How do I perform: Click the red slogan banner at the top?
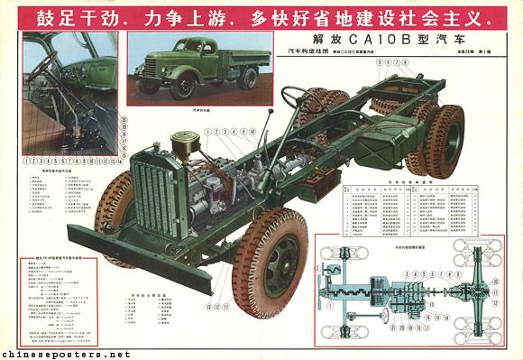click(x=261, y=18)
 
